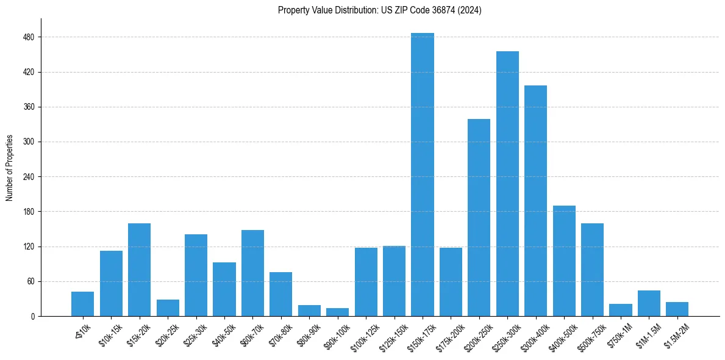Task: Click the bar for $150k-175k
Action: [423, 175]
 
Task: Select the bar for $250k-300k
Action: [507, 184]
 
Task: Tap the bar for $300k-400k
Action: [535, 201]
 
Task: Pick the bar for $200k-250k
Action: [479, 217]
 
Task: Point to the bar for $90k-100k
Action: [337, 312]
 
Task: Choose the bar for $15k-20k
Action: [139, 270]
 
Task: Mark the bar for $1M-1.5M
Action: [649, 303]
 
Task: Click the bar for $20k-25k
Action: [168, 308]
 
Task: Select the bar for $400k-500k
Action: [564, 261]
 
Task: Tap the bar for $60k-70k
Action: [252, 273]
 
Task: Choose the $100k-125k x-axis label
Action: [363, 334]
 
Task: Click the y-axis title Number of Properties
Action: [10, 168]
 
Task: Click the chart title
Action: [379, 10]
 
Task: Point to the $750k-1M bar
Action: [621, 310]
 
